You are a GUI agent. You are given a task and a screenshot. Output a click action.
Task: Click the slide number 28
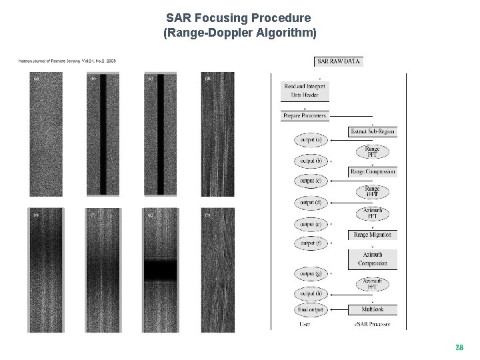pyautogui.click(x=459, y=347)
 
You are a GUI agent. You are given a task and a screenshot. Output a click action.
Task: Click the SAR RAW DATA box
pyautogui.click(x=339, y=61)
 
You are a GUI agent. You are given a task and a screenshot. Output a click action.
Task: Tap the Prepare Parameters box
pyautogui.click(x=305, y=116)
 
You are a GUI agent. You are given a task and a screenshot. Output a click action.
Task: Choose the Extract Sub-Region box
pyautogui.click(x=373, y=131)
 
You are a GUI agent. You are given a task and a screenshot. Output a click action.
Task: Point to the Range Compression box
pyautogui.click(x=373, y=171)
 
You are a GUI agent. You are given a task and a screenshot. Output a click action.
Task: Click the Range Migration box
pyautogui.click(x=373, y=235)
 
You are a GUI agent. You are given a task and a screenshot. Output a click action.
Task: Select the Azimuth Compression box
pyautogui.click(x=373, y=259)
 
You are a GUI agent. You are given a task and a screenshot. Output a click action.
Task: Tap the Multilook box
pyautogui.click(x=373, y=309)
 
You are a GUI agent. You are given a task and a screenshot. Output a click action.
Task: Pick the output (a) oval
pyautogui.click(x=310, y=141)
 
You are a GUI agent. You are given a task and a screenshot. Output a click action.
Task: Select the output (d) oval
pyautogui.click(x=310, y=202)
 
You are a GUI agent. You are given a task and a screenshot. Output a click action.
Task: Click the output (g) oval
pyautogui.click(x=310, y=274)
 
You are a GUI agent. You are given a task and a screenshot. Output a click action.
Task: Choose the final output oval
pyautogui.click(x=310, y=310)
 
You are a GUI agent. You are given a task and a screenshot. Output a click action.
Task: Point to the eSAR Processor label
pyautogui.click(x=373, y=325)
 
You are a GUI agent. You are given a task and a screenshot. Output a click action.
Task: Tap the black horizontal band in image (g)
pyautogui.click(x=161, y=270)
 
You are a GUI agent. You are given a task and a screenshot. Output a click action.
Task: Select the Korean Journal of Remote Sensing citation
pyautogui.click(x=67, y=61)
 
